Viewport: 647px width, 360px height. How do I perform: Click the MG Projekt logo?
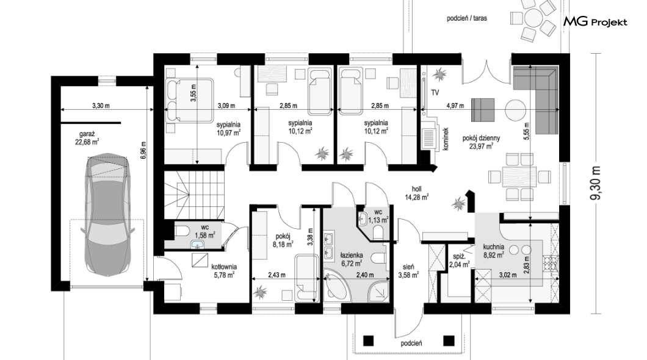coord(595,22)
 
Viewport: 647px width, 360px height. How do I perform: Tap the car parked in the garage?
coord(107,214)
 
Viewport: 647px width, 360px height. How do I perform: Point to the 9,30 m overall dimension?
coord(595,184)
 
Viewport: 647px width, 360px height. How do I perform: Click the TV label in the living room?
coord(435,93)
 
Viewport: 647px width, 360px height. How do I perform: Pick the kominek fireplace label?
coord(446,139)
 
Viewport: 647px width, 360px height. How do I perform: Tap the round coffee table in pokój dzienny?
coord(516,110)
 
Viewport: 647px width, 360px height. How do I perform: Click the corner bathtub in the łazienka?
coord(337,285)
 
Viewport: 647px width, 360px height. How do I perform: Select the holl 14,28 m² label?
coord(417,193)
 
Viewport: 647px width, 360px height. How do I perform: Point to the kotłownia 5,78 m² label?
coord(224,270)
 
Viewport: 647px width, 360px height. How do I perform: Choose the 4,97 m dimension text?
coord(455,106)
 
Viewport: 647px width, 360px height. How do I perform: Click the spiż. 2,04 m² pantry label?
coord(459,261)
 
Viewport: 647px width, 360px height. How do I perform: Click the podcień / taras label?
coord(467,18)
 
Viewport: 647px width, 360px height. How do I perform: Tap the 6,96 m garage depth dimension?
coord(143,151)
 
